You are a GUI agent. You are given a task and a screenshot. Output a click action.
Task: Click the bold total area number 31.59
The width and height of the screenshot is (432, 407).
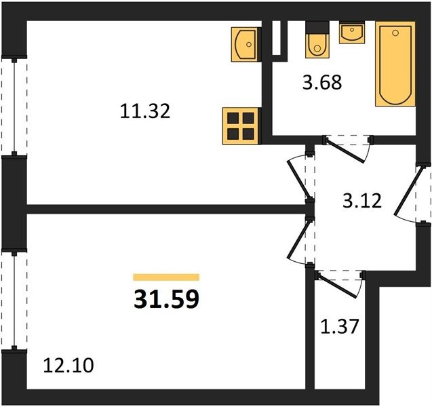click(166, 300)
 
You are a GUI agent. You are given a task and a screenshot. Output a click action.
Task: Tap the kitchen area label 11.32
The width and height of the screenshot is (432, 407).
click(145, 111)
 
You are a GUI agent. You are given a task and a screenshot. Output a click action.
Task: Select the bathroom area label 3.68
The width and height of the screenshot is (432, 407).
click(322, 82)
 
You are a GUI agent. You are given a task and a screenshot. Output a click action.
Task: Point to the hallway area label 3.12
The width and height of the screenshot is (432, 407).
click(362, 201)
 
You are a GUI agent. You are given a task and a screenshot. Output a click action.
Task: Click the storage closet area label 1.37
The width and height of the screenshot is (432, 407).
click(340, 326)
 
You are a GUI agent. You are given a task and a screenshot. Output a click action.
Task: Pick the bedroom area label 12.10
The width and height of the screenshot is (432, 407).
click(68, 366)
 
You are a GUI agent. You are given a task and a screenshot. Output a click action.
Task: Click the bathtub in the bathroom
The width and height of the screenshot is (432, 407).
click(395, 64)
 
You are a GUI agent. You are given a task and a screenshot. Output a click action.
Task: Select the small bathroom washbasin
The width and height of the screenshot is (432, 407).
click(352, 33)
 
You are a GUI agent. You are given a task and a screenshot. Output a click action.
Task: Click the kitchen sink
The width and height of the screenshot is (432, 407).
click(246, 44)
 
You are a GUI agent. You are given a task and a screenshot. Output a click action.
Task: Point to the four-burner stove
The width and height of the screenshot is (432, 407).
click(241, 126)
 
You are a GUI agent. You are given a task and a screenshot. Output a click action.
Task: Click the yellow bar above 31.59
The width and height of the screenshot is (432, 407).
click(166, 277)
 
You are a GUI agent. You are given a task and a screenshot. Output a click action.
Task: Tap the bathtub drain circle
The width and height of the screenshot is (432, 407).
click(395, 33)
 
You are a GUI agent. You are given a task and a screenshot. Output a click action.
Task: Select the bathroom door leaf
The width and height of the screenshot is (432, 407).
click(345, 151)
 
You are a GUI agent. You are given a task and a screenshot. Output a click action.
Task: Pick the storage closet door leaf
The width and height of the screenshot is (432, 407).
click(337, 286)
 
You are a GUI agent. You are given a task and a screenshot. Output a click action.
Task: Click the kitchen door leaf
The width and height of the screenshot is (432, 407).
click(300, 179)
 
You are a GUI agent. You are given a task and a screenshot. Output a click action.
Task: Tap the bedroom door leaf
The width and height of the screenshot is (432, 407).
click(298, 239)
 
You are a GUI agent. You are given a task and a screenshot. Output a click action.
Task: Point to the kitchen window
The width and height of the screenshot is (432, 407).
click(14, 106)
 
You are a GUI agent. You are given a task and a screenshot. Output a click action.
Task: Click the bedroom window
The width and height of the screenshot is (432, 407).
click(14, 301)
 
